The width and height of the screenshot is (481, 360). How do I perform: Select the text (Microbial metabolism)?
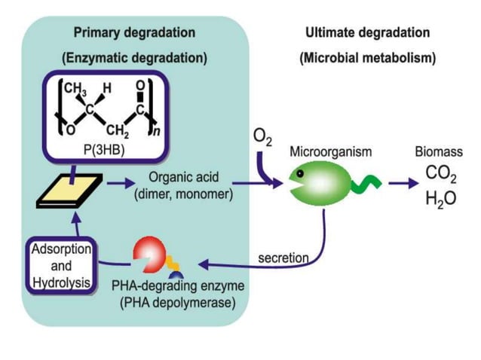(x=367, y=57)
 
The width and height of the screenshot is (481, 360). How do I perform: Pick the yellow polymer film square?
(x=69, y=197)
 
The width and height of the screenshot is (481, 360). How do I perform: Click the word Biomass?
(x=438, y=152)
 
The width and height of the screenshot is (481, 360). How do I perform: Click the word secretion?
(x=283, y=258)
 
